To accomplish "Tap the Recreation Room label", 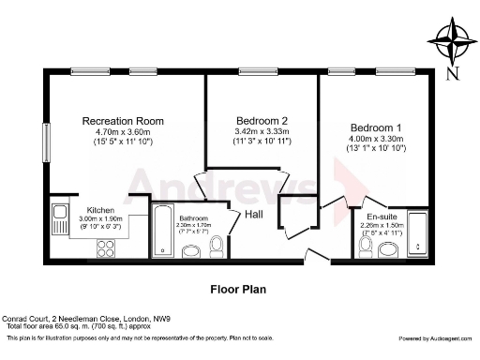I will tap(123, 121).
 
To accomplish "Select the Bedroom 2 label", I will tap(262, 119).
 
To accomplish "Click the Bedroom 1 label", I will tap(376, 127).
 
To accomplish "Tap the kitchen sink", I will tap(61, 214).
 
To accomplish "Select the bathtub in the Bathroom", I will tap(163, 229).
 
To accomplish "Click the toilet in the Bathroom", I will tap(217, 245).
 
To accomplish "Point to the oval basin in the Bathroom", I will tap(191, 250).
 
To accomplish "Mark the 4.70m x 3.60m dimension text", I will tap(123, 132).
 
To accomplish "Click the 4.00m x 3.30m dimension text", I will tap(376, 139).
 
